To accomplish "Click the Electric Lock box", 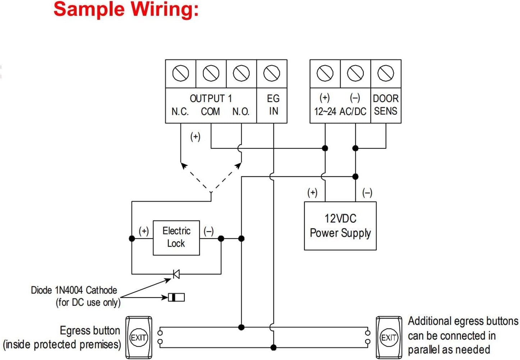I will pyautogui.click(x=176, y=238).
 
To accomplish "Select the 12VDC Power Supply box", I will pyautogui.click(x=340, y=226).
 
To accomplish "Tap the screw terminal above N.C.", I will pyautogui.click(x=181, y=74).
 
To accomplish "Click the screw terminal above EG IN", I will pyautogui.click(x=272, y=74).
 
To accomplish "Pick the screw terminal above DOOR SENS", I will pyautogui.click(x=386, y=74).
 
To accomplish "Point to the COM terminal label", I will pyautogui.click(x=210, y=112).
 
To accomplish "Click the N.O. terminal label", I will pyautogui.click(x=241, y=112).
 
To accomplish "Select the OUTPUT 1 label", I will pyautogui.click(x=211, y=99).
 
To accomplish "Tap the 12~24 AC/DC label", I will pyautogui.click(x=340, y=111).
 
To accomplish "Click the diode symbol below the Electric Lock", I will pyautogui.click(x=176, y=274).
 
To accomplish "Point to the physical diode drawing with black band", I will pyautogui.click(x=176, y=297).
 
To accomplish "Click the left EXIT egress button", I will pyautogui.click(x=138, y=338).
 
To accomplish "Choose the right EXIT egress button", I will pyautogui.click(x=389, y=338).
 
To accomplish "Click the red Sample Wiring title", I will pyautogui.click(x=126, y=9).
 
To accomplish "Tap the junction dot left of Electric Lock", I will pyautogui.click(x=132, y=238).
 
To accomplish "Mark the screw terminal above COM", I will pyautogui.click(x=211, y=74).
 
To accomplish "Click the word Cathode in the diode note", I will pyautogui.click(x=101, y=290).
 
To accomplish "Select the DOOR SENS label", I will pyautogui.click(x=386, y=105).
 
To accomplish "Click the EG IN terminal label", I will pyautogui.click(x=273, y=105).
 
